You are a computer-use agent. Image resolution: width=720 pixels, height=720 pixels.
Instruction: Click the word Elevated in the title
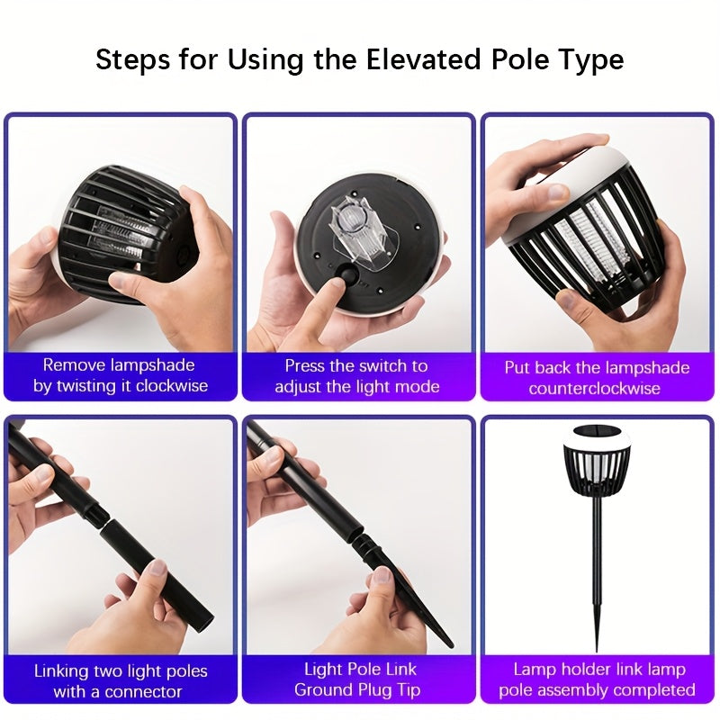click(x=423, y=59)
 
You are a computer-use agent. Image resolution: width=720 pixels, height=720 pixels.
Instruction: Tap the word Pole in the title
click(x=520, y=59)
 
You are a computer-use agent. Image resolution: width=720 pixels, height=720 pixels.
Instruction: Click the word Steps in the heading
click(x=132, y=60)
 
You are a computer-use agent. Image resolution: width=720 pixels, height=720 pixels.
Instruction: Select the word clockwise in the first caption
click(x=172, y=386)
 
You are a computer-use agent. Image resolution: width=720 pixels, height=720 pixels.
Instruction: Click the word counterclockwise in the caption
click(x=594, y=389)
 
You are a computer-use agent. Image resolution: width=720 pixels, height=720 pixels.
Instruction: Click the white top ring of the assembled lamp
click(x=597, y=438)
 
